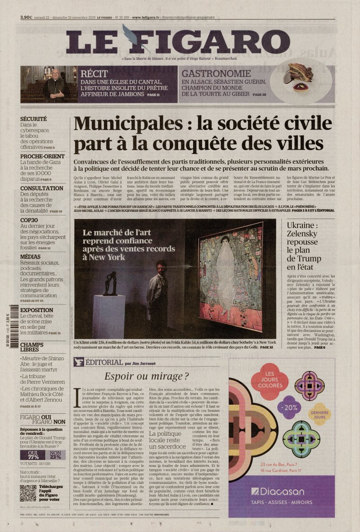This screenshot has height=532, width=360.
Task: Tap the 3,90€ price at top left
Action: coord(26,18)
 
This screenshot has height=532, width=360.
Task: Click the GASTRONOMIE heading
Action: coord(216,74)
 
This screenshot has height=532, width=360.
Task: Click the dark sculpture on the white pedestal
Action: coord(109,284)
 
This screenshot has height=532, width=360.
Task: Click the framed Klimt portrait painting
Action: coord(230,274)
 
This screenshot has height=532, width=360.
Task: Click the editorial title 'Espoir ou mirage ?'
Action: coord(147,376)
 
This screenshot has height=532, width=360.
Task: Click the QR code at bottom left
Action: coord(28,493)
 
